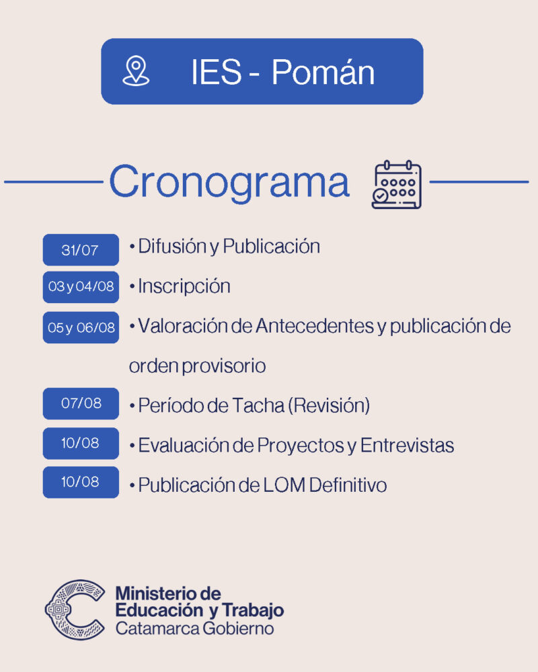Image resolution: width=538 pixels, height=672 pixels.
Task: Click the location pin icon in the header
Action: pyautogui.click(x=136, y=71)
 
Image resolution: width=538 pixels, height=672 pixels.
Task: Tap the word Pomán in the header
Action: pyautogui.click(x=323, y=72)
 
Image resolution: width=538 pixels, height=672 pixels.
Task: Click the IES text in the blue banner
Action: pyautogui.click(x=217, y=72)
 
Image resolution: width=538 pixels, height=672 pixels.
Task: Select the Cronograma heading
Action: pyautogui.click(x=229, y=181)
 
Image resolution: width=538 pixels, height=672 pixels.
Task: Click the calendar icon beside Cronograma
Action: pyautogui.click(x=397, y=185)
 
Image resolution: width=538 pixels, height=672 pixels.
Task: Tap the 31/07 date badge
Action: pyautogui.click(x=81, y=249)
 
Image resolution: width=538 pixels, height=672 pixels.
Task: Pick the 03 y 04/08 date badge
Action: pyautogui.click(x=81, y=287)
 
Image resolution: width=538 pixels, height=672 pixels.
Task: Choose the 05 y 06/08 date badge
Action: pyautogui.click(x=81, y=327)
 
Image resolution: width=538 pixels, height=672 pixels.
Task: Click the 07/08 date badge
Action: pyautogui.click(x=81, y=403)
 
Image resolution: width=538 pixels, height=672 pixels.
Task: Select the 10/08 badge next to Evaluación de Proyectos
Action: pyautogui.click(x=81, y=443)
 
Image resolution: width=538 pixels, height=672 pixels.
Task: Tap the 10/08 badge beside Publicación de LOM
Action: pyautogui.click(x=81, y=482)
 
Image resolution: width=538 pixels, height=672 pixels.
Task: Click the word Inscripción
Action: pyautogui.click(x=184, y=286)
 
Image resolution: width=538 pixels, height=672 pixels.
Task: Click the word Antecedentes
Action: pyautogui.click(x=315, y=326)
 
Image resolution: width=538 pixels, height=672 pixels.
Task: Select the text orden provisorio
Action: pyautogui.click(x=197, y=366)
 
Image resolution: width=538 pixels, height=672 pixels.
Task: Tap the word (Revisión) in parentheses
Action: pyautogui.click(x=329, y=405)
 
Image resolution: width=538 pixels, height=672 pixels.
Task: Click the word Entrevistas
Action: pyautogui.click(x=407, y=446)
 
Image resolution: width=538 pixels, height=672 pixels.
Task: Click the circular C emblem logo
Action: pyautogui.click(x=75, y=610)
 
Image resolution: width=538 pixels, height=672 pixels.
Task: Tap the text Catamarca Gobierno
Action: pyautogui.click(x=194, y=629)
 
